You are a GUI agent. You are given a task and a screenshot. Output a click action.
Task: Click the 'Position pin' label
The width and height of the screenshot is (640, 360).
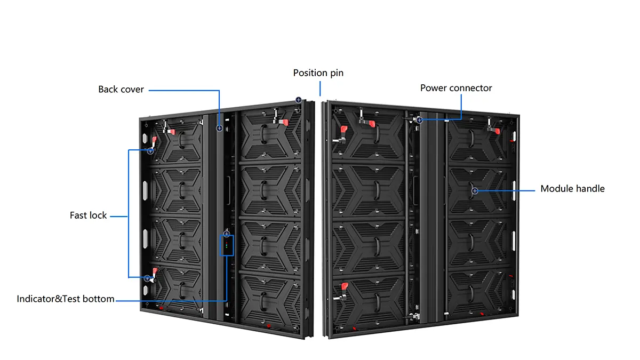318,73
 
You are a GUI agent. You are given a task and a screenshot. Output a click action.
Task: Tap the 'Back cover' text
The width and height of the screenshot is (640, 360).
121,90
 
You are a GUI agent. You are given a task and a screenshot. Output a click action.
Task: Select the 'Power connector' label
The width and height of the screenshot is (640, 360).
456,88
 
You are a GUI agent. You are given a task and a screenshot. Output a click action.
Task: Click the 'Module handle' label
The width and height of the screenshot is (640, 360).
572,189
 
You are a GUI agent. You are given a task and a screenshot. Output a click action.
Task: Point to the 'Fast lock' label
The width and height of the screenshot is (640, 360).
89,215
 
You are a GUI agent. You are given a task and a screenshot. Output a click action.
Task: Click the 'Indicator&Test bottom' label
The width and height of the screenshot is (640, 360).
66,299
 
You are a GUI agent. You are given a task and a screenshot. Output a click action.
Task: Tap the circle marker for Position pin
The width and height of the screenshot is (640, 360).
299,100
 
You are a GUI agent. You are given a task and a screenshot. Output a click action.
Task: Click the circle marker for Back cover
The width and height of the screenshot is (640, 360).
219,128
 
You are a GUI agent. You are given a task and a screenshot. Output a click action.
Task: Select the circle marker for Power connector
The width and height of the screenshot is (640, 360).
420,120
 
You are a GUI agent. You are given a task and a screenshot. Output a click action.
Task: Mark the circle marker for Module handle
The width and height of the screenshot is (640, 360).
474,190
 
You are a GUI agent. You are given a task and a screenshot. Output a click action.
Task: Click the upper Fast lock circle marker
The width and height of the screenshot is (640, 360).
150,151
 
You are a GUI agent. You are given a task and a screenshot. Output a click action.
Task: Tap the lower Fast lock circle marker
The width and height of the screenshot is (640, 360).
147,278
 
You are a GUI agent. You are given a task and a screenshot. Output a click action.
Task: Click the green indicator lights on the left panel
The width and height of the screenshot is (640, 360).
227,246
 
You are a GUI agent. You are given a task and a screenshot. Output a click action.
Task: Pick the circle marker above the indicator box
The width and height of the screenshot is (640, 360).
227,234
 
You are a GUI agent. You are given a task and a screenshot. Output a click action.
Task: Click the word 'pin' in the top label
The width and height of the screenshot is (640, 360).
337,73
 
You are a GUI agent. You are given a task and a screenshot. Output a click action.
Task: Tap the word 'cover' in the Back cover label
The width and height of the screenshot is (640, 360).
132,90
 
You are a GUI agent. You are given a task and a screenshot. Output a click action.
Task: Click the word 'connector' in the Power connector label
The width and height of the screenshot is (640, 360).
471,88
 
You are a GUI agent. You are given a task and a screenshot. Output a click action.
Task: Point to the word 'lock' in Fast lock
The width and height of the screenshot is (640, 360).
98,215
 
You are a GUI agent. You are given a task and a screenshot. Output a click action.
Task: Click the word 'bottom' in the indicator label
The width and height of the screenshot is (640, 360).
100,299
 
